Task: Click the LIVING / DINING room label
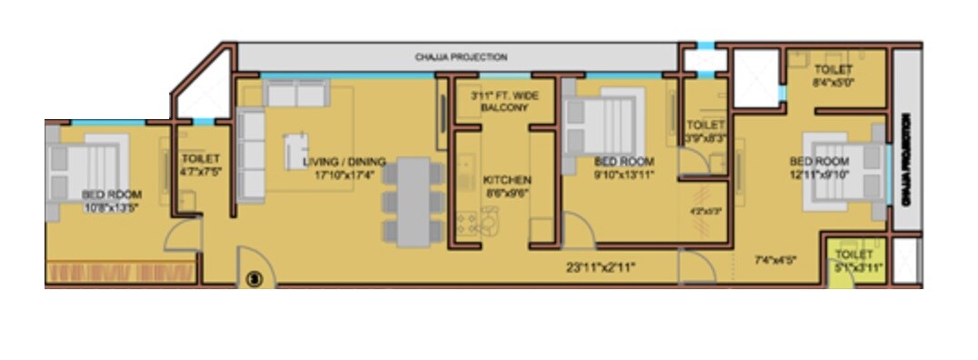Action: pyautogui.click(x=344, y=162)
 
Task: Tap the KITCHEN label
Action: pyautogui.click(x=507, y=180)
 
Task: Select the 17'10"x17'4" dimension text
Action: pyautogui.click(x=344, y=174)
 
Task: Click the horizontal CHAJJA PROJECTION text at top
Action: pyautogui.click(x=461, y=57)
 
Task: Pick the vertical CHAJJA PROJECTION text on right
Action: pyautogui.click(x=905, y=171)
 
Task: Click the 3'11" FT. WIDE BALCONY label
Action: pyautogui.click(x=504, y=101)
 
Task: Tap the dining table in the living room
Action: pyautogui.click(x=414, y=202)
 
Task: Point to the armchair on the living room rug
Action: pyautogui.click(x=296, y=151)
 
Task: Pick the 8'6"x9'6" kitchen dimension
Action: pyautogui.click(x=507, y=193)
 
